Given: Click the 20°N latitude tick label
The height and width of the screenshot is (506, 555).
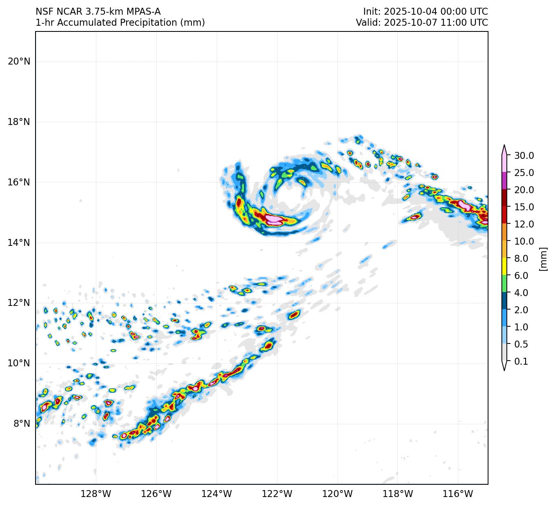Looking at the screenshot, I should click(19, 62).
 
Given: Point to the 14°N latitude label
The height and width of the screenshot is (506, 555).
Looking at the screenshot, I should click(19, 243).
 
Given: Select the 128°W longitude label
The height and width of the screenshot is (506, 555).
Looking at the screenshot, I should click(96, 494).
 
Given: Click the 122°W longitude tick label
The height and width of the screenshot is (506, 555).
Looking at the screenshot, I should click(277, 494).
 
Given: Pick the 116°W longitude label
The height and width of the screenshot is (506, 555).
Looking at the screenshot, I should click(458, 494).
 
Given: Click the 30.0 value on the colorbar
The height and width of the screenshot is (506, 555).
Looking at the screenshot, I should click(524, 156).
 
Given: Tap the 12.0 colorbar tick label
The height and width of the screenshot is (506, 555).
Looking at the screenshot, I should click(524, 224).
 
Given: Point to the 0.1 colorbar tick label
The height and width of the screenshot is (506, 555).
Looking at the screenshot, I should click(521, 361).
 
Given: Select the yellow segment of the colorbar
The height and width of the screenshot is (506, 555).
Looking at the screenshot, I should click(504, 266).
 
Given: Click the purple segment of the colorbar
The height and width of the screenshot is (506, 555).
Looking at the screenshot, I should click(504, 181).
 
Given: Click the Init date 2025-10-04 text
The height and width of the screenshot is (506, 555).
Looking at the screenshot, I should click(406, 11).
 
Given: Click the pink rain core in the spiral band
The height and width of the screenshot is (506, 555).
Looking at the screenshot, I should click(274, 221).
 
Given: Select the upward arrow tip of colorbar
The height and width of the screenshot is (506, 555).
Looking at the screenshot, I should click(504, 147).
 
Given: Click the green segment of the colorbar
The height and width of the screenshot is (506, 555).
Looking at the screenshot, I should click(504, 283).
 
